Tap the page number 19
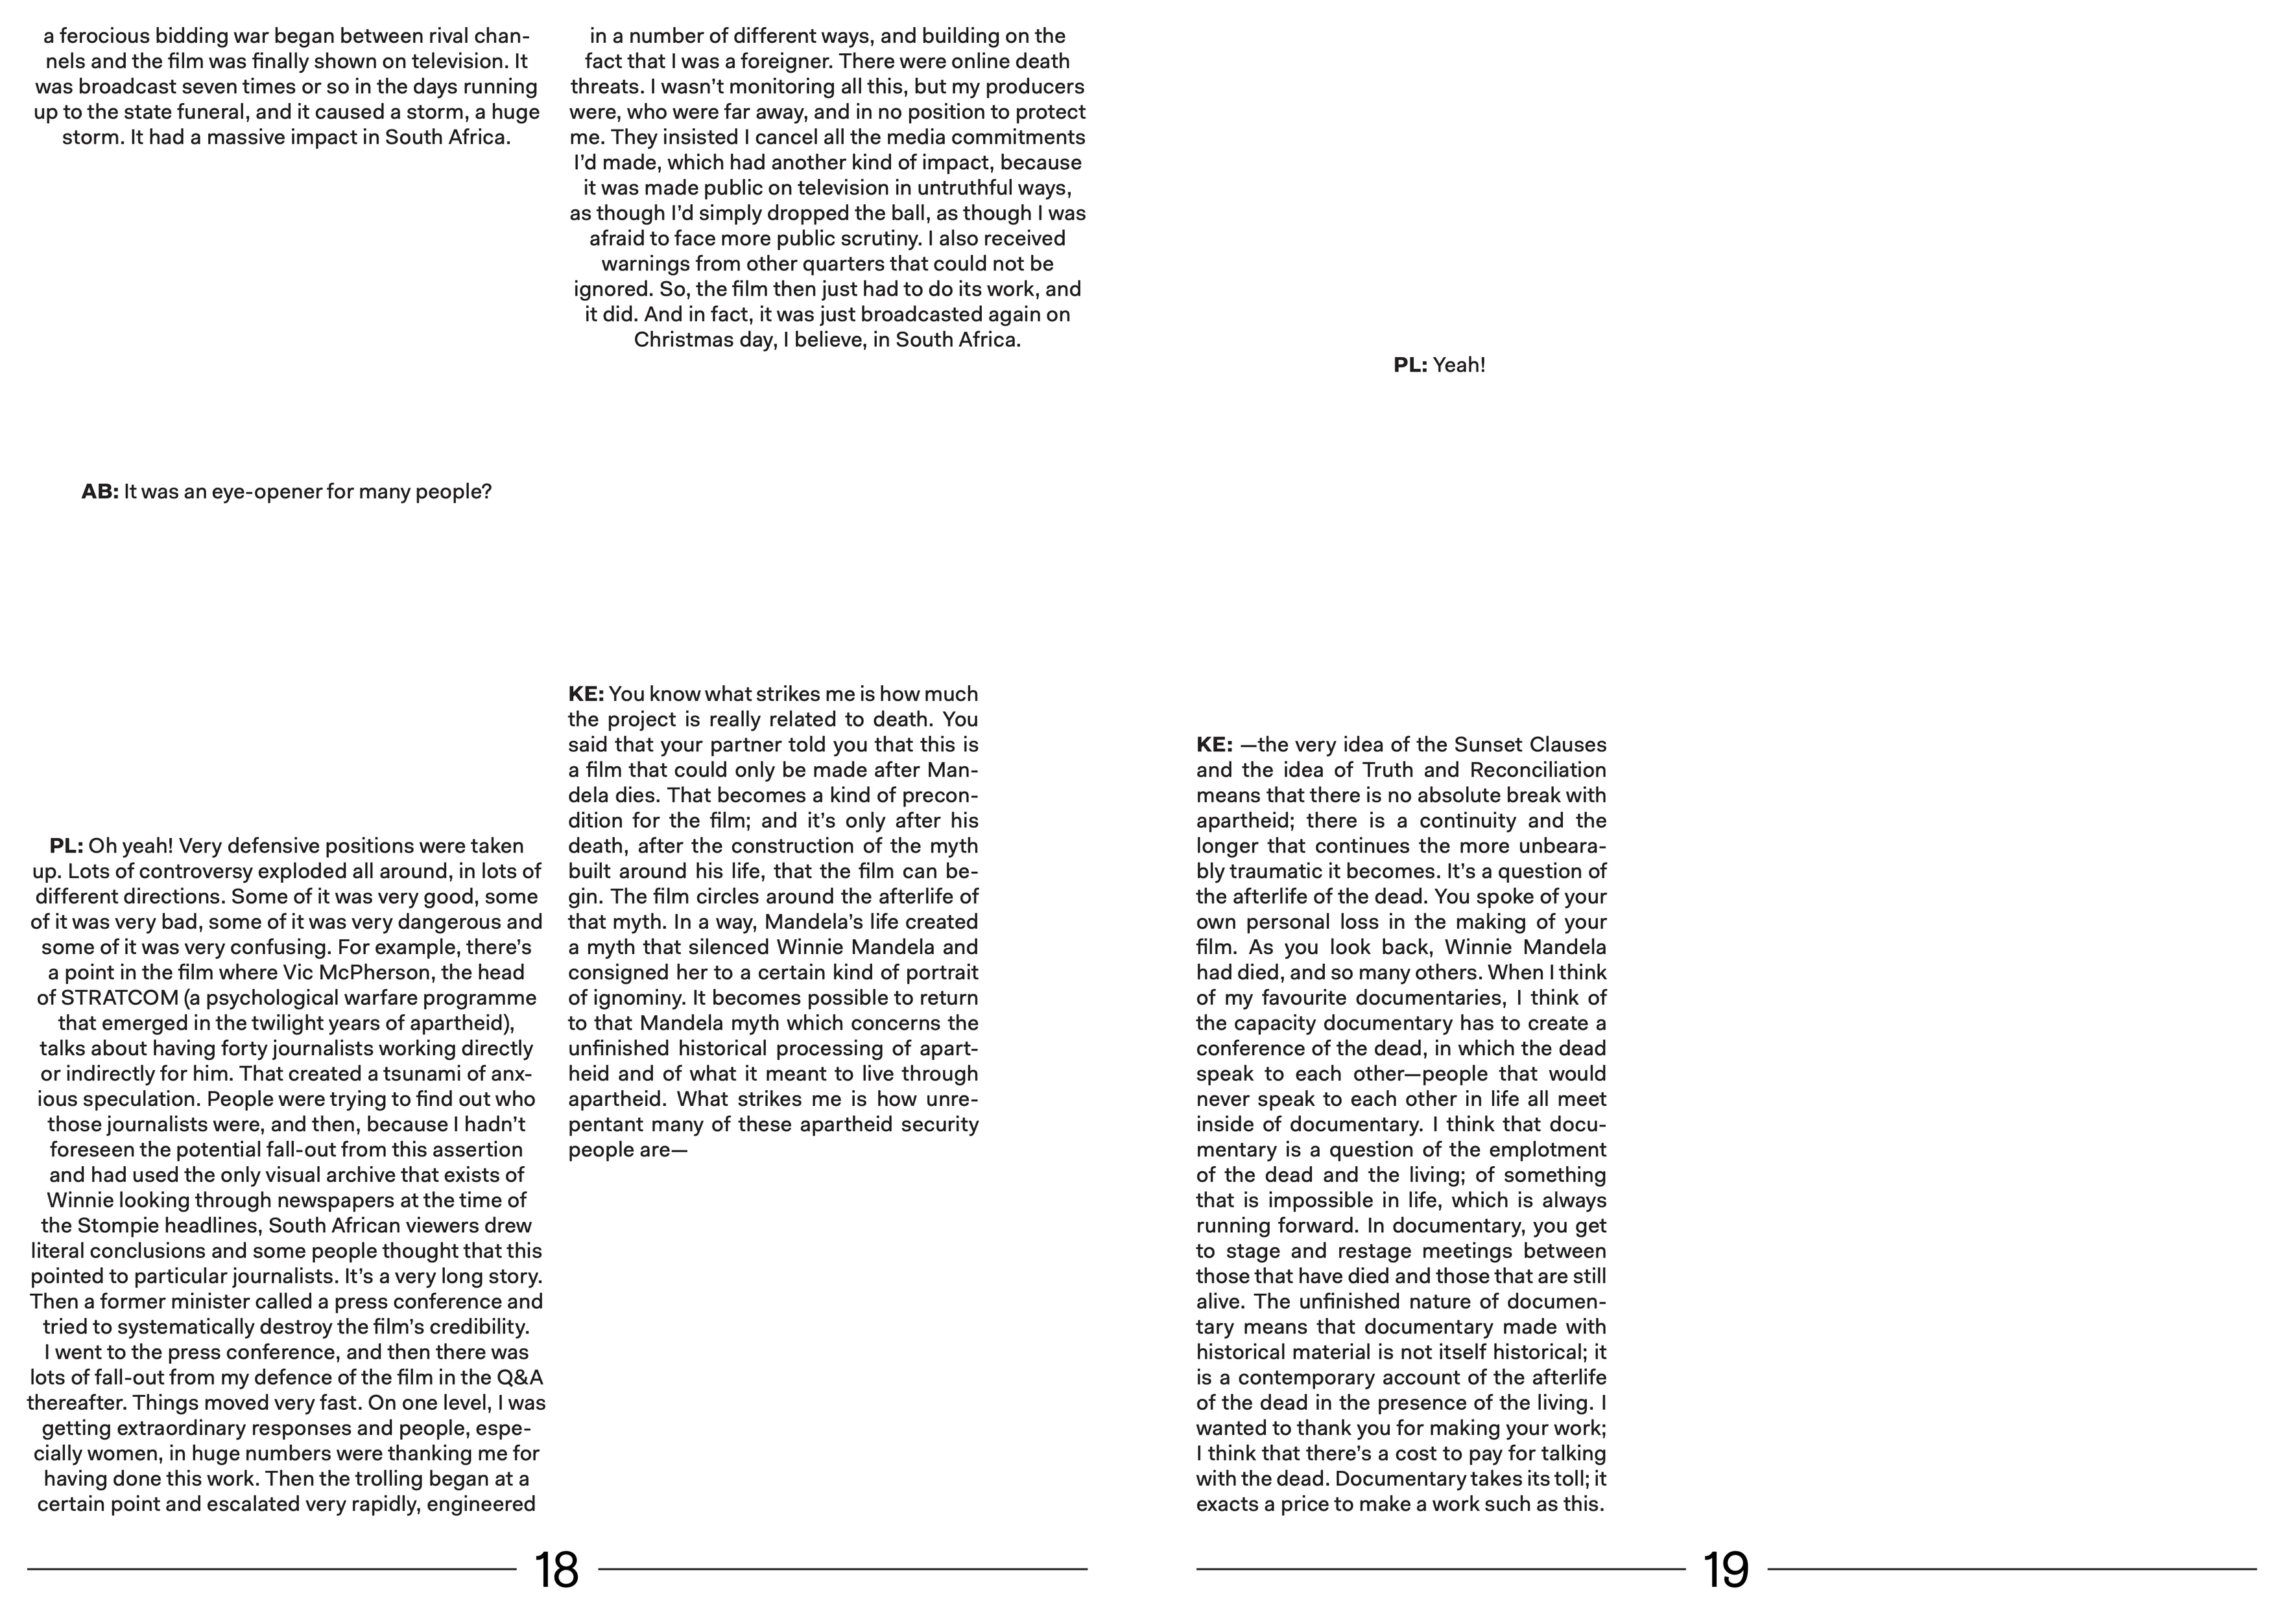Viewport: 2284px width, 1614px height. pyautogui.click(x=1726, y=1570)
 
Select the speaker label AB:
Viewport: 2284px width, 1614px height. pyautogui.click(x=99, y=492)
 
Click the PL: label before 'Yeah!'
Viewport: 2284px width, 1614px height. pyautogui.click(x=1410, y=365)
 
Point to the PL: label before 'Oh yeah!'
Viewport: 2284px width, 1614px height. pyautogui.click(x=65, y=847)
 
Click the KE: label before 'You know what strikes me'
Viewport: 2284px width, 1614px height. pyautogui.click(x=586, y=694)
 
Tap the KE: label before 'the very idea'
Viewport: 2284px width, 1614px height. pyautogui.click(x=1213, y=745)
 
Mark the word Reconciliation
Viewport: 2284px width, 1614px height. pyautogui.click(x=1537, y=769)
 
